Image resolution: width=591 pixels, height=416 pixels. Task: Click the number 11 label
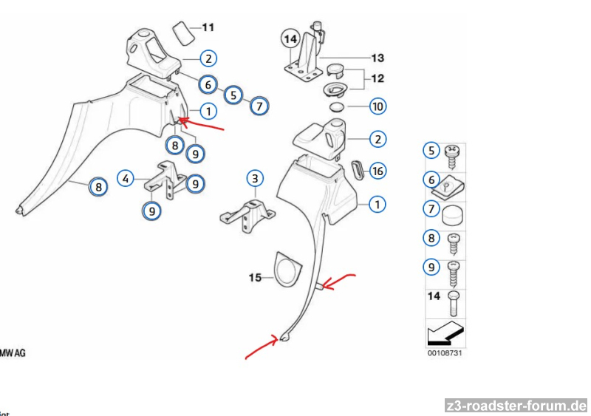pyautogui.click(x=208, y=28)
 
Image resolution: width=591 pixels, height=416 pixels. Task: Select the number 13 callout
pyautogui.click(x=378, y=57)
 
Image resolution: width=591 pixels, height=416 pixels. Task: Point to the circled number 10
pyautogui.click(x=378, y=106)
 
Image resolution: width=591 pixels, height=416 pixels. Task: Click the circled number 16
pyautogui.click(x=378, y=171)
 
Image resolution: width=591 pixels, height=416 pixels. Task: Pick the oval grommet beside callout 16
pyautogui.click(x=358, y=169)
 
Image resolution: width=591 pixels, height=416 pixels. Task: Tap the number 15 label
pyautogui.click(x=255, y=278)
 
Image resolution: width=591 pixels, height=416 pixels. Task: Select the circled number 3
pyautogui.click(x=255, y=178)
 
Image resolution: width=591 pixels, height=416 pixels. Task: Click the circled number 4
pyautogui.click(x=126, y=178)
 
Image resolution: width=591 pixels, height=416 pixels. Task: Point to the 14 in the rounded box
pyautogui.click(x=290, y=38)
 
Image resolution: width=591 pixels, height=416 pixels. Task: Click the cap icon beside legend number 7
pyautogui.click(x=452, y=214)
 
